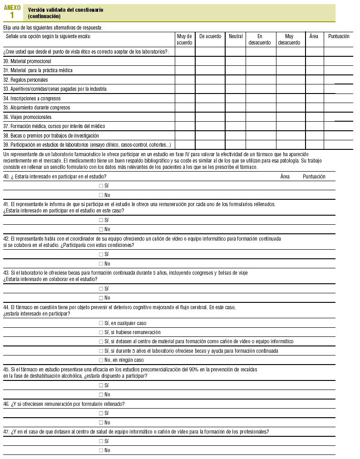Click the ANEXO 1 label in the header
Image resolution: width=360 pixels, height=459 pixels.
click(x=12, y=12)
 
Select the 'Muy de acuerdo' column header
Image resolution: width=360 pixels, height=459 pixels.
click(x=185, y=39)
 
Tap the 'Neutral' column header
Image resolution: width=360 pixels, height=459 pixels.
click(x=236, y=36)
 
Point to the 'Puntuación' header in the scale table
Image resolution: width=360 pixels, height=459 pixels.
click(x=339, y=36)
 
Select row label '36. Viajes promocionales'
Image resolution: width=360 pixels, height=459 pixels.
click(x=27, y=117)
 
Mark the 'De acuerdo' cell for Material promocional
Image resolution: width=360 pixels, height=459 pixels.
click(x=210, y=61)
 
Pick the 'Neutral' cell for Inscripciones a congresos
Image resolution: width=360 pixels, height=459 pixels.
click(x=236, y=99)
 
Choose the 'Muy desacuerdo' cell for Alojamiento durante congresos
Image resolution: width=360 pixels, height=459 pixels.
click(x=290, y=108)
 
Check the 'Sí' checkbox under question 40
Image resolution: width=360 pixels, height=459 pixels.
click(x=101, y=186)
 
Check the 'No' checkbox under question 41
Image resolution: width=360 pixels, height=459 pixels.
click(x=101, y=229)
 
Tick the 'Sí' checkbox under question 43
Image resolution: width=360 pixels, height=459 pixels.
click(x=101, y=289)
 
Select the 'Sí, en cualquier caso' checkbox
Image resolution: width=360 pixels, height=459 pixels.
click(x=101, y=323)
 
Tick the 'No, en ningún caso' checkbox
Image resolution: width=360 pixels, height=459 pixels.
click(x=101, y=360)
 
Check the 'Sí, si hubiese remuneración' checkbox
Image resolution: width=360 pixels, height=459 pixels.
click(x=101, y=332)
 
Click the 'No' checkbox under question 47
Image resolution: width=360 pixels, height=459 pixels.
click(x=101, y=450)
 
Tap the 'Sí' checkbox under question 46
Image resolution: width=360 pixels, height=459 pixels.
click(x=101, y=413)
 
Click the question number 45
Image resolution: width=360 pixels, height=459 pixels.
click(x=6, y=370)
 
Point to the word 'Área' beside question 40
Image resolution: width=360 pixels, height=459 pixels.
click(x=285, y=177)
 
